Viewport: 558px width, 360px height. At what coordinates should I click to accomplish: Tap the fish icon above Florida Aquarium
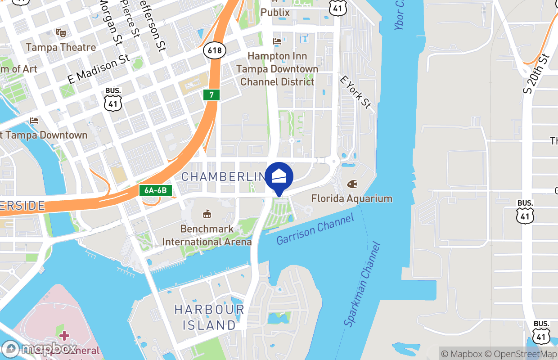352,184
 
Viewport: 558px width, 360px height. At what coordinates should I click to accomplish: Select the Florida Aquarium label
351,198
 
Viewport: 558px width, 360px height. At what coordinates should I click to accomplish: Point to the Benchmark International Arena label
207,235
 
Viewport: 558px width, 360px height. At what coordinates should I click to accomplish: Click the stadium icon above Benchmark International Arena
207,213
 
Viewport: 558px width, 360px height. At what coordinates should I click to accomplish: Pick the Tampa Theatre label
61,47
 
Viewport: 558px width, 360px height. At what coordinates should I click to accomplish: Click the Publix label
275,12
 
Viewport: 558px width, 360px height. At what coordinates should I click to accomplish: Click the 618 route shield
215,50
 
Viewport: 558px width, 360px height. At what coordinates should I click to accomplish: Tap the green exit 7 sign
211,95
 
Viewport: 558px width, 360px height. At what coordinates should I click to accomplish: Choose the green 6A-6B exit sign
156,190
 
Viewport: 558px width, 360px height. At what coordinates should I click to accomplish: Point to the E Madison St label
99,69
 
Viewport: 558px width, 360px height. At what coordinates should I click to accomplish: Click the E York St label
355,92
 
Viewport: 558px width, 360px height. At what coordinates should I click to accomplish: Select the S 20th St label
537,74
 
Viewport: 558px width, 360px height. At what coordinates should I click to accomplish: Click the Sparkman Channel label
363,284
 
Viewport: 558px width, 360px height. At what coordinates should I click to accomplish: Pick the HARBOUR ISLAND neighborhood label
210,317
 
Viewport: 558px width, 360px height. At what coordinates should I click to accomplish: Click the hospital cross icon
64,335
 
